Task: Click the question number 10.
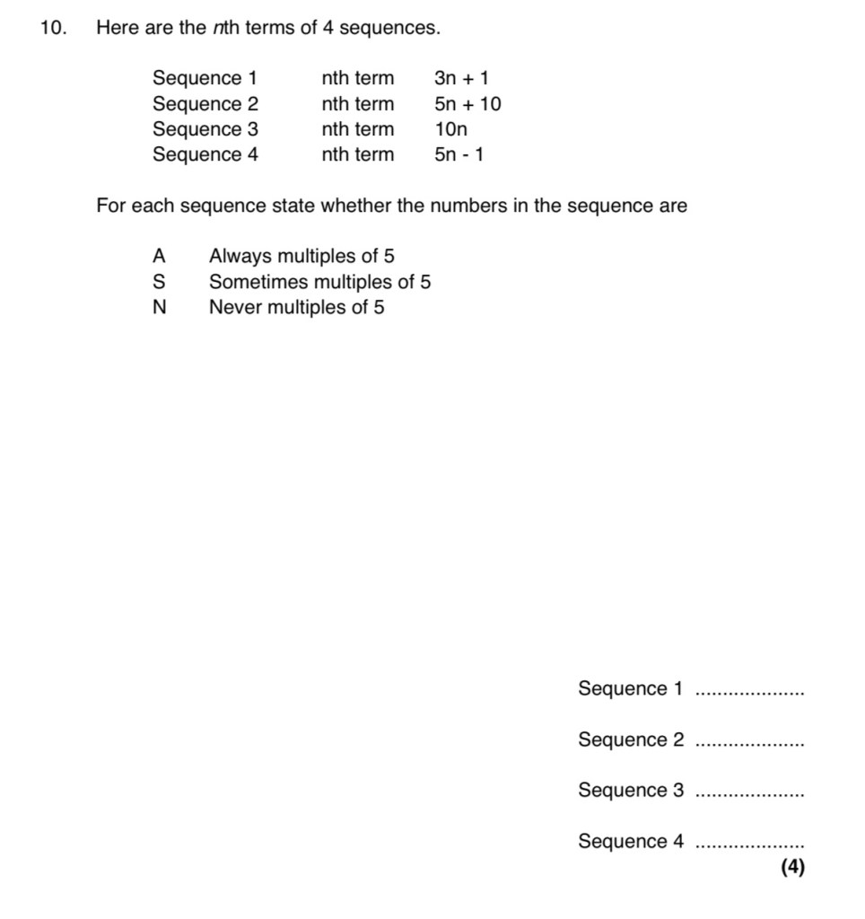(x=53, y=29)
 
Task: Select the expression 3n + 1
(x=461, y=79)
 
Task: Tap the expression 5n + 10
(x=467, y=104)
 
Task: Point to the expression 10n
(x=451, y=129)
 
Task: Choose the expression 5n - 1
(x=459, y=154)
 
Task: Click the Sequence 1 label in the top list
(x=205, y=79)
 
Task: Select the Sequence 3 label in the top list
(x=205, y=129)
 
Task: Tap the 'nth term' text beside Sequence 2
(x=357, y=104)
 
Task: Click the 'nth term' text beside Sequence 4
(x=357, y=154)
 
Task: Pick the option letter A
(x=159, y=257)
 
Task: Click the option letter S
(x=159, y=282)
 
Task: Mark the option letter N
(x=159, y=307)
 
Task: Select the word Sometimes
(x=256, y=282)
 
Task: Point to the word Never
(x=234, y=307)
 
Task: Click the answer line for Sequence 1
(x=750, y=692)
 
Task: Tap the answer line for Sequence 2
(x=750, y=743)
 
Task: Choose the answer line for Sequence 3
(x=750, y=793)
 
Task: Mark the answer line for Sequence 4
(x=750, y=845)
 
